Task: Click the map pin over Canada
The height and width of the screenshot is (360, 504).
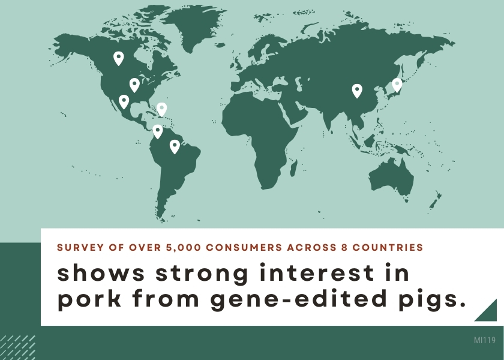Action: click(119, 58)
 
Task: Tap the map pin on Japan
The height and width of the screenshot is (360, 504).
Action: click(397, 85)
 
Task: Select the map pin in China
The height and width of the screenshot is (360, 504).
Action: click(357, 91)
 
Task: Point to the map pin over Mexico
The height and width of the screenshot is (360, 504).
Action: click(124, 101)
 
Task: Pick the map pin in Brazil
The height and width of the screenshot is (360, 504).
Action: click(175, 146)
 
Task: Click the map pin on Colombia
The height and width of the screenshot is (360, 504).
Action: click(157, 131)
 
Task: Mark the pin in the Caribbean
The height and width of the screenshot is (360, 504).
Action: click(161, 109)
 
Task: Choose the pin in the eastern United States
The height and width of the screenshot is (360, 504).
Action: click(134, 85)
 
